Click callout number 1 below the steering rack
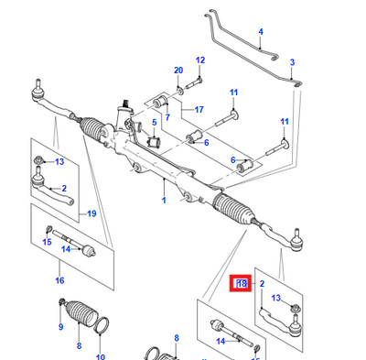tap(164, 201)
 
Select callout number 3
tap(292, 62)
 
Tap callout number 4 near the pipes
tap(261, 32)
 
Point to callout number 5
tap(155, 123)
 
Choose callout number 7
tap(167, 117)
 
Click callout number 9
tap(60, 327)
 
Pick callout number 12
tap(200, 60)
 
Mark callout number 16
tap(59, 280)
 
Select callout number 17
tap(199, 109)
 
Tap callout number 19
tap(91, 213)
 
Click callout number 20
tap(178, 71)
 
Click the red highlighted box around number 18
tap(241, 284)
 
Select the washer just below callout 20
tap(180, 91)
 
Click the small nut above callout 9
tap(61, 301)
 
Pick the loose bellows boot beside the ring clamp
tap(81, 313)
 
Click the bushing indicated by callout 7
tap(160, 102)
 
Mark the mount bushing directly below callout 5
tap(155, 142)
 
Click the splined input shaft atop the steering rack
tap(124, 104)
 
